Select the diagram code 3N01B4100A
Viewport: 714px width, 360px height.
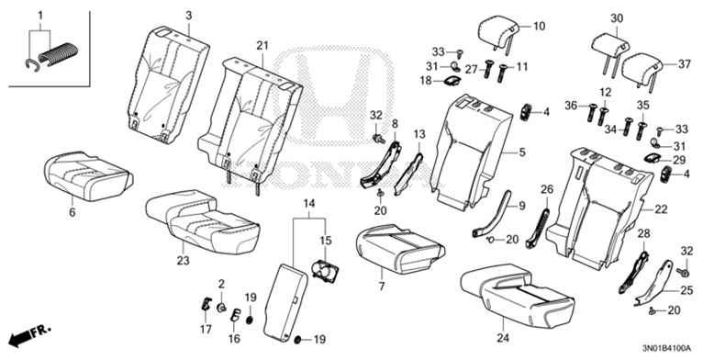pos(666,349)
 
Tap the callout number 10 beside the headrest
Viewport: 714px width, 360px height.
pos(539,27)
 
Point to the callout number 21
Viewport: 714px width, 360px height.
pos(262,45)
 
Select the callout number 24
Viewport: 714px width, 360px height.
pos(503,338)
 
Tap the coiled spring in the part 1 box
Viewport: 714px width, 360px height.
pos(59,53)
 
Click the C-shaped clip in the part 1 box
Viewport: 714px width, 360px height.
pos(31,66)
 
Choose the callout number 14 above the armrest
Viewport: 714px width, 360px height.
pos(309,204)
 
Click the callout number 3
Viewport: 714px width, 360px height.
pos(188,16)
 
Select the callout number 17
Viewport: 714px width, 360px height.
pos(206,329)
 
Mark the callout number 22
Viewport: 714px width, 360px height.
pos(661,209)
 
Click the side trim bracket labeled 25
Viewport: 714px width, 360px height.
pos(654,284)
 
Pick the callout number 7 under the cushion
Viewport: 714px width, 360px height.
pos(381,287)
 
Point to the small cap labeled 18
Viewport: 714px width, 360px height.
pos(451,81)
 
